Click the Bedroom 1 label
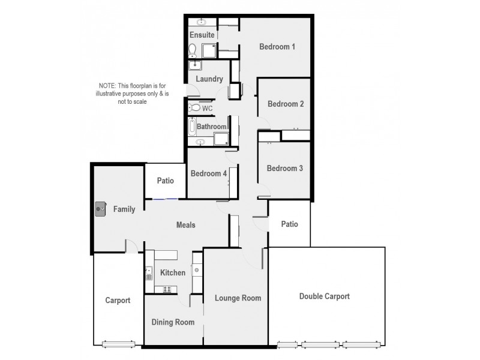[277, 47]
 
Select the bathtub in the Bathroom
[191, 127]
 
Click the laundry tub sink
[195, 65]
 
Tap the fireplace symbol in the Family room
[100, 209]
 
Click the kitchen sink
[148, 274]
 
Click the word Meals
[185, 225]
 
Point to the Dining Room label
[173, 322]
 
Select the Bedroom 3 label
[285, 169]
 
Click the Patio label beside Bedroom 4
[165, 180]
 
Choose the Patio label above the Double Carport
[290, 224]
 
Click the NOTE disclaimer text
[126, 94]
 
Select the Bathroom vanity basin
[200, 142]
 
